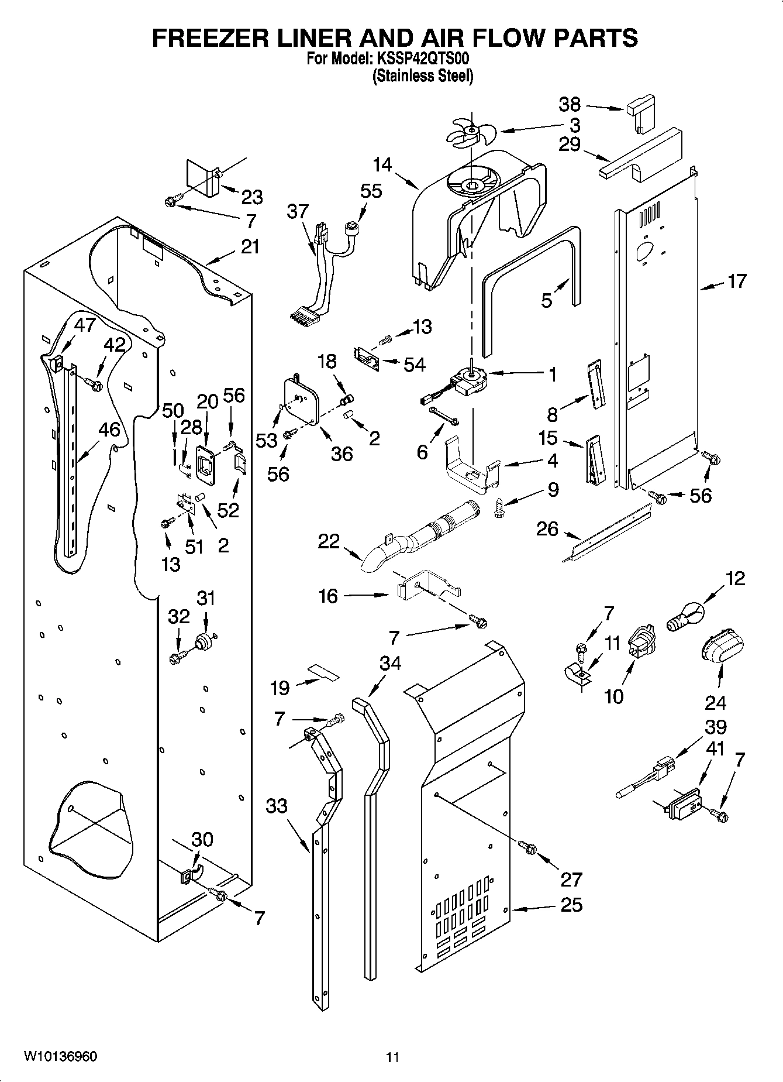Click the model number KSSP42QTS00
pyautogui.click(x=420, y=59)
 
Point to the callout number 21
pyautogui.click(x=250, y=247)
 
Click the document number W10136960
pyautogui.click(x=60, y=1056)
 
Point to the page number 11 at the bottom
pyautogui.click(x=392, y=1057)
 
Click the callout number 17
pyautogui.click(x=737, y=281)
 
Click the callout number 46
pyautogui.click(x=109, y=430)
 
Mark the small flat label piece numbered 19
pyautogui.click(x=323, y=672)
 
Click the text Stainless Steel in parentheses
pyautogui.click(x=423, y=76)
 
